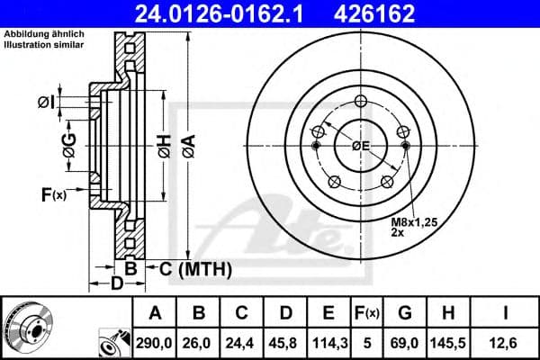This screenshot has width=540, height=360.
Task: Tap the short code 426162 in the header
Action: pos(387,13)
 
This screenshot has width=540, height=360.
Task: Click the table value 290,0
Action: pos(154,341)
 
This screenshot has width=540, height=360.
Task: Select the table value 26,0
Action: pos(200,341)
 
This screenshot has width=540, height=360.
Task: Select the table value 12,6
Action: pos(507,341)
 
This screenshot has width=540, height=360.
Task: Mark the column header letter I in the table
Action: pos(507,313)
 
